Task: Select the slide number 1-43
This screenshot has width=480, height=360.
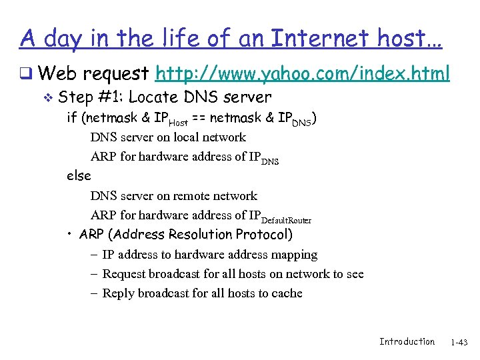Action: pyautogui.click(x=459, y=342)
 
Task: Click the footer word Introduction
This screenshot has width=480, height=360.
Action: pyautogui.click(x=407, y=341)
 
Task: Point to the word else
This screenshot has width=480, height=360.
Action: pyautogui.click(x=79, y=176)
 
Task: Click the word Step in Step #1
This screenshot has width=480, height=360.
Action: pyautogui.click(x=75, y=97)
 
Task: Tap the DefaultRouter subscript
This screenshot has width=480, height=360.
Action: pyautogui.click(x=286, y=220)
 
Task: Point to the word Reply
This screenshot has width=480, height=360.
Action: pyautogui.click(x=118, y=293)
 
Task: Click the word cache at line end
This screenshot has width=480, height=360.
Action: pyautogui.click(x=285, y=293)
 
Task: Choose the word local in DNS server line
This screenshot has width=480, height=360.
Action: pyautogui.click(x=188, y=137)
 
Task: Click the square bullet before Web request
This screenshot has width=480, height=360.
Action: pyautogui.click(x=24, y=73)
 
